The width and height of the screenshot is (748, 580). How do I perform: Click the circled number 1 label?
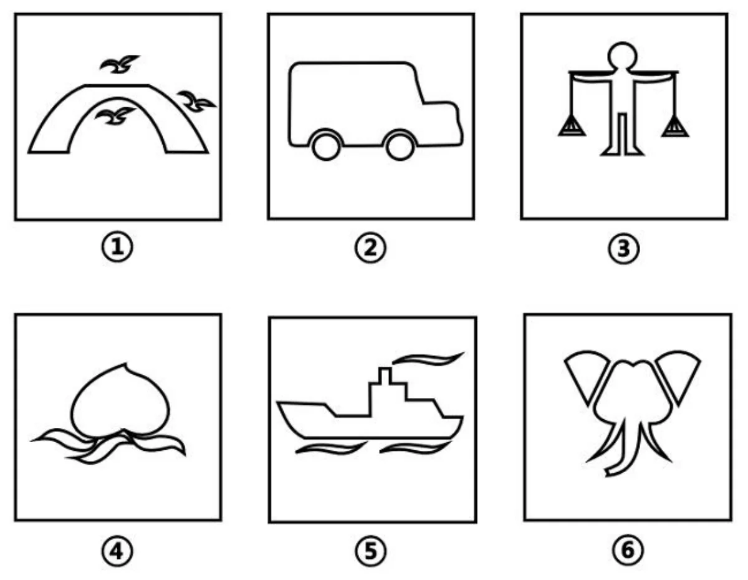[117, 248]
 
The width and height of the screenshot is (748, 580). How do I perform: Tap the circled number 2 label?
[370, 248]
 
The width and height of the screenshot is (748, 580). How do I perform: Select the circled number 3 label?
[623, 248]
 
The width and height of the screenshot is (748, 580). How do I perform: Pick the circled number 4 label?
[117, 551]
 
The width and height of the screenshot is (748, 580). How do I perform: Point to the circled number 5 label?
[371, 551]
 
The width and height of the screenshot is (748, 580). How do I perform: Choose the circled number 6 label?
[627, 550]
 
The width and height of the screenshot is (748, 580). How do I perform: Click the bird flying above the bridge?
[120, 64]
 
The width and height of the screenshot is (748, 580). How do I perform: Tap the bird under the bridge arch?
[115, 116]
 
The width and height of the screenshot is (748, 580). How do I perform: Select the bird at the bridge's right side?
[196, 100]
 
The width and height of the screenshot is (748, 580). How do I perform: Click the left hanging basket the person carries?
[572, 126]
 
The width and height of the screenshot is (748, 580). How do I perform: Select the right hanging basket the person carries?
[674, 126]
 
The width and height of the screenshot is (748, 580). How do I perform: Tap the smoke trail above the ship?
[429, 359]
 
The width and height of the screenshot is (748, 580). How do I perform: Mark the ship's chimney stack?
[385, 375]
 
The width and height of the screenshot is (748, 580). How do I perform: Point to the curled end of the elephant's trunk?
[611, 472]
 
